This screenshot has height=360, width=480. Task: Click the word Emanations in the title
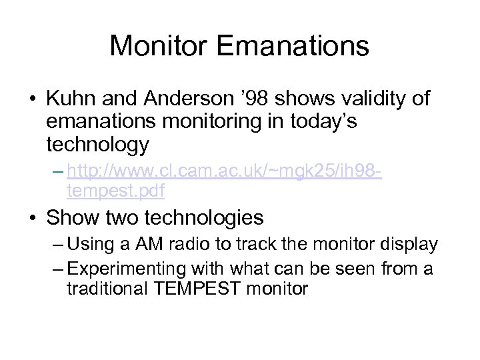[x=293, y=46]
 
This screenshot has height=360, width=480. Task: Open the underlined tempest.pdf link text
[x=116, y=192]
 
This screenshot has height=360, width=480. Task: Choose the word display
[x=410, y=245]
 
